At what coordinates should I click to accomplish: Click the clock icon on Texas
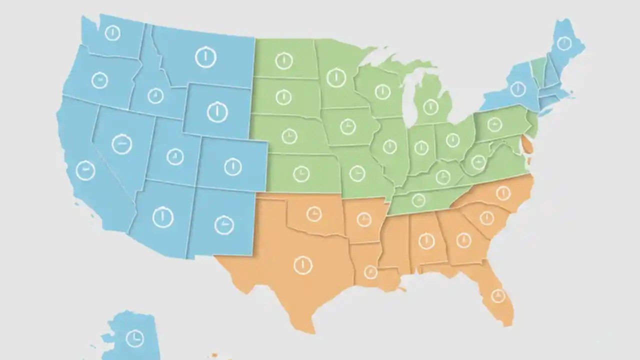tap(303, 265)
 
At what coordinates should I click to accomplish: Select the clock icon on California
tap(85, 170)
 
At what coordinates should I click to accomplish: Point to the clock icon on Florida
tap(497, 296)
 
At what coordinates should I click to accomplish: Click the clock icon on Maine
tap(564, 43)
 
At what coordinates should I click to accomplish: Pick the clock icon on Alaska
tap(134, 338)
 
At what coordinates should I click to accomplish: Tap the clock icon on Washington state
tap(112, 33)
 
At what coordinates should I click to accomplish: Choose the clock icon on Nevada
tap(121, 144)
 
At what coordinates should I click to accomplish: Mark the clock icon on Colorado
tap(232, 166)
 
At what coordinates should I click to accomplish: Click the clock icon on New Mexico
tap(224, 225)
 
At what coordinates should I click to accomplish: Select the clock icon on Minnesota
tap(336, 77)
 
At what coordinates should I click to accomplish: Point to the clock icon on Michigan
tap(430, 106)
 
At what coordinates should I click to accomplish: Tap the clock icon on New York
tap(517, 89)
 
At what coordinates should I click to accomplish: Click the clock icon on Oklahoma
tap(314, 214)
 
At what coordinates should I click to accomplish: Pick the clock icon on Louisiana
tap(370, 272)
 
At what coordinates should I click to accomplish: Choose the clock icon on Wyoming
tap(217, 111)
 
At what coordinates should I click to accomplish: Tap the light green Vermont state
tap(538, 70)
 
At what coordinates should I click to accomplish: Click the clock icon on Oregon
tap(99, 80)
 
